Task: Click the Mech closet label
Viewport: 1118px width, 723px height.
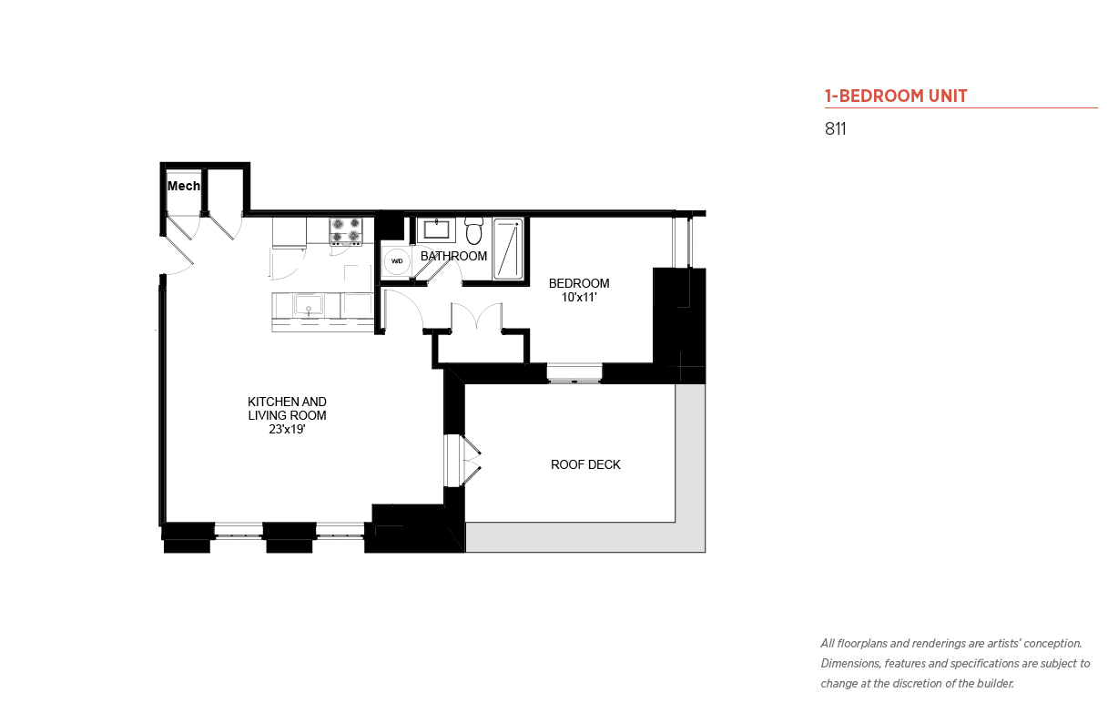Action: click(x=184, y=186)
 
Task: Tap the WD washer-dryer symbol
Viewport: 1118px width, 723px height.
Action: click(x=397, y=261)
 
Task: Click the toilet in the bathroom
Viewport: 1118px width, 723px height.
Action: click(x=473, y=230)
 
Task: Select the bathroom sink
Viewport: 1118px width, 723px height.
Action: click(x=436, y=230)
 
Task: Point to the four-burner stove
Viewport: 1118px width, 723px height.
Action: click(x=346, y=231)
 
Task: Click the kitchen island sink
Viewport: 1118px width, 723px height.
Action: click(x=309, y=305)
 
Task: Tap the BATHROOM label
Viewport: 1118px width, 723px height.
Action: click(x=453, y=256)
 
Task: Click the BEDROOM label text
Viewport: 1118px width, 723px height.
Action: click(x=579, y=283)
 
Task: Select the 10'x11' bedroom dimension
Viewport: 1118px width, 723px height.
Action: click(x=579, y=297)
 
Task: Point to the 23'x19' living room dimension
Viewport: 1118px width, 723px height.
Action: click(x=287, y=429)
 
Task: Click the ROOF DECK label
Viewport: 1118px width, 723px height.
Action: click(x=585, y=464)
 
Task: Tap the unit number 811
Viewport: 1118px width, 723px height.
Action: click(x=836, y=128)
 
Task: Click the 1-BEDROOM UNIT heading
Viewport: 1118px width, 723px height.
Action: click(x=896, y=96)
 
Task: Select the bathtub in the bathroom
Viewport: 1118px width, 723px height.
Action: click(x=508, y=249)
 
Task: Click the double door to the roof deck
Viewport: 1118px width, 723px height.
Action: click(x=462, y=461)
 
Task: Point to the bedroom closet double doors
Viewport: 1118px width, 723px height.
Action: click(x=477, y=316)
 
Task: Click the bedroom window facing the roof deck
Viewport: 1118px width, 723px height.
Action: click(x=574, y=373)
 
